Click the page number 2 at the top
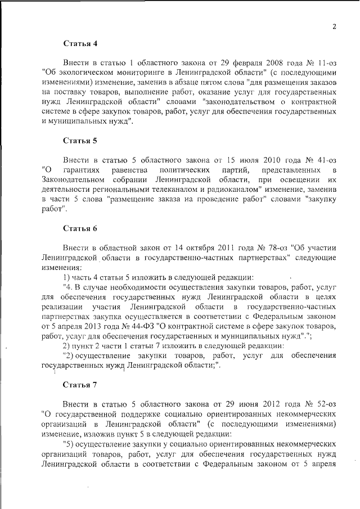pyautogui.click(x=334, y=26)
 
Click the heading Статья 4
pyautogui.click(x=80, y=43)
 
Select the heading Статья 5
pyautogui.click(x=80, y=140)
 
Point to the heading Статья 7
pyautogui.click(x=80, y=385)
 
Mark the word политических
pyautogui.click(x=185, y=169)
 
